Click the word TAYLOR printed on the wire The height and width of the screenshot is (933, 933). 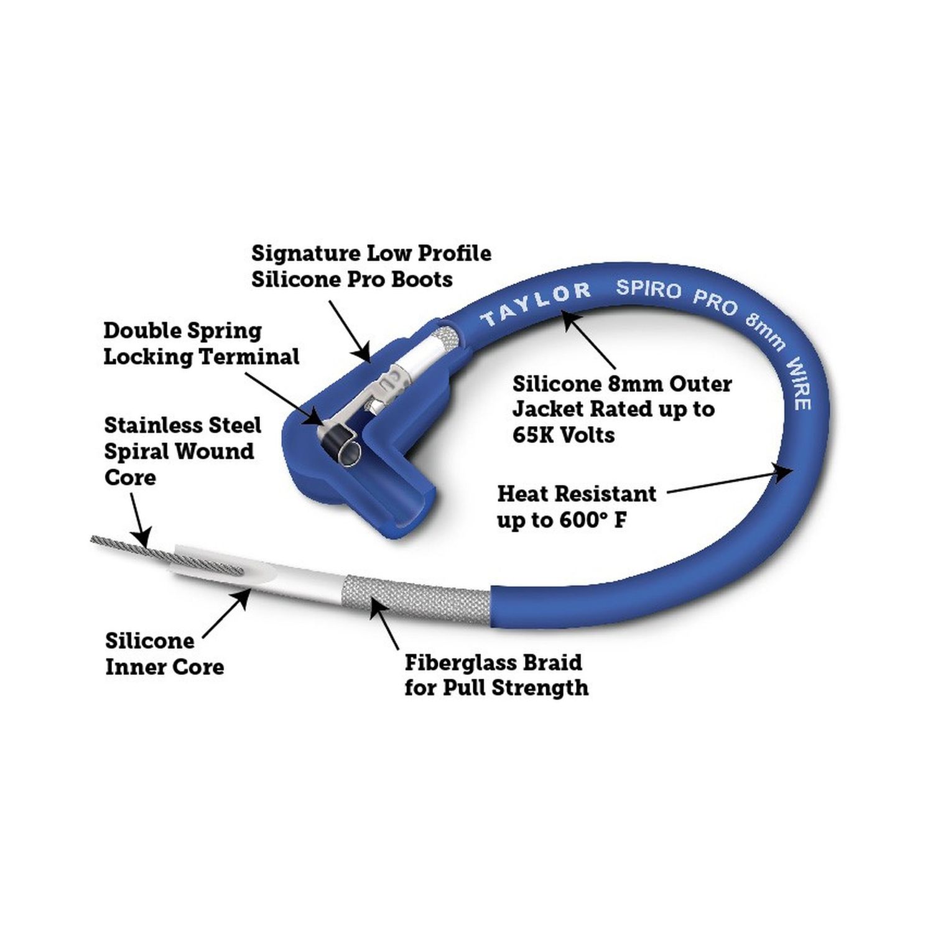pos(536,303)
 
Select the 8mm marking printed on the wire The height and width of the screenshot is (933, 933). pos(764,331)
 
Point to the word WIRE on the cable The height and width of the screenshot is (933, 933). pos(799,384)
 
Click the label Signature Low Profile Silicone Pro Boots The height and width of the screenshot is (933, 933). pos(371,266)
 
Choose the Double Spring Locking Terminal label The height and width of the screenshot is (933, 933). pos(201,343)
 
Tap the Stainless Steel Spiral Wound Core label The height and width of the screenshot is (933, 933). pos(182,451)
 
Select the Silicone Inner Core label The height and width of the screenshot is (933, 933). pos(164,654)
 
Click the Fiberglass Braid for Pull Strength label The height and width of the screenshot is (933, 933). pos(496,675)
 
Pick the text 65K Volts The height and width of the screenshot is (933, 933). pos(564,435)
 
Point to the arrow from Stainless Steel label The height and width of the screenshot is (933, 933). pos(141,520)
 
